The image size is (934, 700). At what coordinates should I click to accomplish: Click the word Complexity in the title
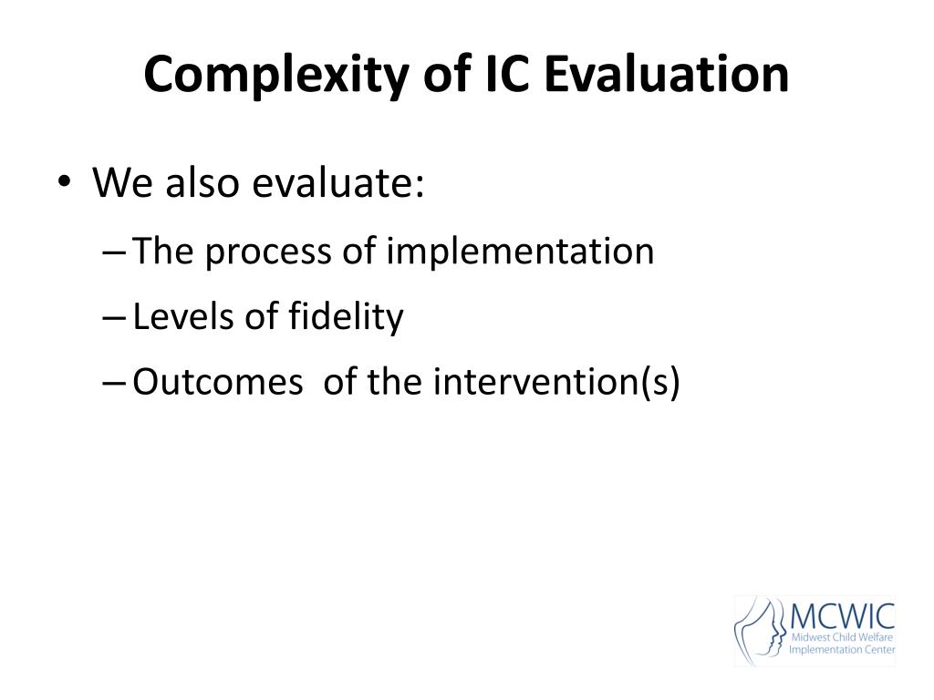pos(276,76)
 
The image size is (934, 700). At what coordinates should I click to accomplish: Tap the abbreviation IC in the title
pos(507,74)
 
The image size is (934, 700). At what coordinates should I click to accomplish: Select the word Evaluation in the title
pos(667,74)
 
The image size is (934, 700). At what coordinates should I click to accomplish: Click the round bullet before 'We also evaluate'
pos(65,180)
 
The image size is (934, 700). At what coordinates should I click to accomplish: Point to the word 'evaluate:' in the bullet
pos(338,181)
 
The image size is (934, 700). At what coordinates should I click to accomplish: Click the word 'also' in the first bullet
pos(202,181)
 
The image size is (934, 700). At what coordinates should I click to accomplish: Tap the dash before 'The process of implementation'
pos(114,252)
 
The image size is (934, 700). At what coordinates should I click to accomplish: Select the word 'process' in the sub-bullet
pos(268,252)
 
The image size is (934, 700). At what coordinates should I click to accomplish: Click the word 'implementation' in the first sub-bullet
pos(520,251)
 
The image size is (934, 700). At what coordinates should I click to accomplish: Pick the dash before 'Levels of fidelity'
pos(114,318)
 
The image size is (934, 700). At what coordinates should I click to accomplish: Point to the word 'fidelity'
pos(346,316)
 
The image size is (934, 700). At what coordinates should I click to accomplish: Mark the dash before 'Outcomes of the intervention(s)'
pos(114,384)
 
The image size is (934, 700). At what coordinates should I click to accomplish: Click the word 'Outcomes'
pos(217,382)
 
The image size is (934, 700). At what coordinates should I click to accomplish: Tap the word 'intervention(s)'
pos(556,382)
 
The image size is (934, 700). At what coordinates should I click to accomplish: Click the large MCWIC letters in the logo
pos(842,616)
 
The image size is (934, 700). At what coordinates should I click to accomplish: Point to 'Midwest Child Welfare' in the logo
pos(842,637)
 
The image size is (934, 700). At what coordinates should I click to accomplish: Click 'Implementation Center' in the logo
pos(842,650)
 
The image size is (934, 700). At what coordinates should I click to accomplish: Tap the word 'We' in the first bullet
pos(122,181)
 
